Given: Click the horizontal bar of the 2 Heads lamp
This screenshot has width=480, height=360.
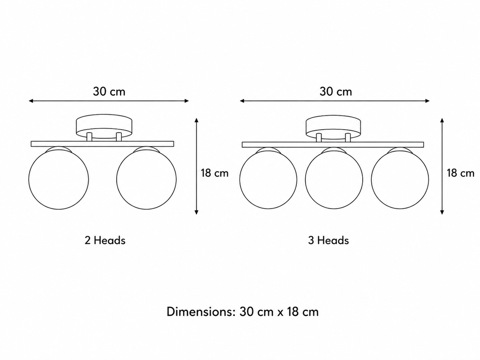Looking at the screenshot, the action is [103, 144].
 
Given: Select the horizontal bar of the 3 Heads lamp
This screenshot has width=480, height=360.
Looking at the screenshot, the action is [333, 145].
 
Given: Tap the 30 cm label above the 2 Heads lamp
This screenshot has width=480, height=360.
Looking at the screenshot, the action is [109, 91].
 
